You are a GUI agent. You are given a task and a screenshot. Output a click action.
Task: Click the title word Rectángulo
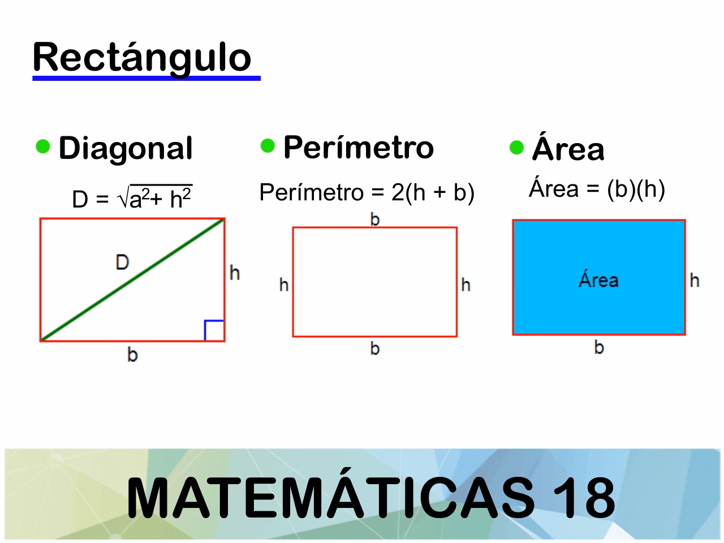click(142, 58)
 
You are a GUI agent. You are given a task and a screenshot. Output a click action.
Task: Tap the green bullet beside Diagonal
click(43, 146)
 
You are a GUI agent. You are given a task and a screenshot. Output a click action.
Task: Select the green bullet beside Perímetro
click(268, 146)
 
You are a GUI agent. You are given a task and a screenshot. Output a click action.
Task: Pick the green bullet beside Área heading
click(516, 148)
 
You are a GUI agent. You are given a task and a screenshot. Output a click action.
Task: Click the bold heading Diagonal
click(126, 148)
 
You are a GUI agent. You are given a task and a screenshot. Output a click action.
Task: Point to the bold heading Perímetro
click(358, 147)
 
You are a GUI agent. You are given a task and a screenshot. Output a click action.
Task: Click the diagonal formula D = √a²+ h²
click(132, 199)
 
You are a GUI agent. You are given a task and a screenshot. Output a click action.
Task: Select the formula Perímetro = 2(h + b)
click(367, 193)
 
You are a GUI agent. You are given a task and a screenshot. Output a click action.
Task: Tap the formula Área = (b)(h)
click(597, 189)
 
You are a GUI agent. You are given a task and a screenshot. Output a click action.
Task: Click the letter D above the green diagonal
click(122, 262)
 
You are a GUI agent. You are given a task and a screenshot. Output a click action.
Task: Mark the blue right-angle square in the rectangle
click(214, 330)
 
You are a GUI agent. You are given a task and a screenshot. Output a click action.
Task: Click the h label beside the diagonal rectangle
click(235, 273)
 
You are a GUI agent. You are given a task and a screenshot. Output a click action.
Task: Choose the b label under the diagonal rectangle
click(132, 355)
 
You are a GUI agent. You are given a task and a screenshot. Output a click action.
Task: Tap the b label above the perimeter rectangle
click(374, 219)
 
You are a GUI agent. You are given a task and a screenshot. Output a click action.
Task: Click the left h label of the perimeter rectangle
click(284, 285)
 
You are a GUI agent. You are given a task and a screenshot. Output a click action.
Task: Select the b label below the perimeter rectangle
click(374, 348)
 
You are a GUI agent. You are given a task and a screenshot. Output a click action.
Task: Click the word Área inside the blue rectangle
click(598, 280)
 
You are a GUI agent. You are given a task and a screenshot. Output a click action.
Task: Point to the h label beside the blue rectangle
click(695, 280)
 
